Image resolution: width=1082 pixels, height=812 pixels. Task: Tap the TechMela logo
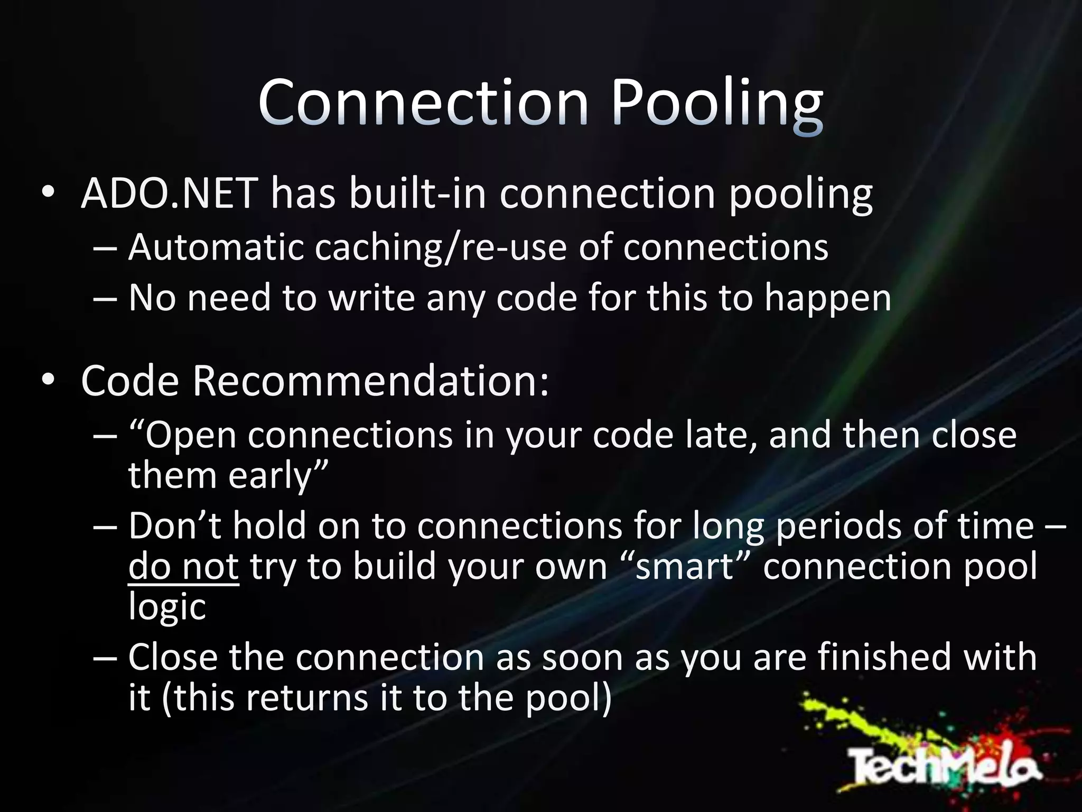click(946, 764)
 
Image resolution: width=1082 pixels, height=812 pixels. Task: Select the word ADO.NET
click(170, 193)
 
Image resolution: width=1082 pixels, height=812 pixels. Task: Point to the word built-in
click(417, 193)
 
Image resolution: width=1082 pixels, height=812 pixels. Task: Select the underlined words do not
click(183, 567)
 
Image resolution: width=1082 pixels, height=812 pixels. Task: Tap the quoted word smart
click(685, 567)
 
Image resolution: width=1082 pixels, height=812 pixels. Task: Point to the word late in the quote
click(719, 436)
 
